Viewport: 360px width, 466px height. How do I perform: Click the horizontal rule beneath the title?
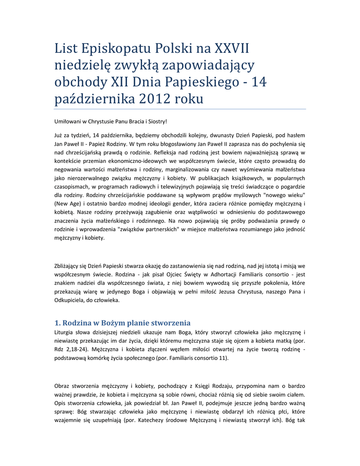tap(180, 109)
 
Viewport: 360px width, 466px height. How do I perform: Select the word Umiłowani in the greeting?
tap(67, 121)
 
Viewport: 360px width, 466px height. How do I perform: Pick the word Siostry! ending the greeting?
tap(157, 121)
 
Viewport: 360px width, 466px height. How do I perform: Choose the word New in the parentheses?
tap(63, 203)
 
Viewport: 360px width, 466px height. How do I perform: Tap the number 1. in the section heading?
tap(57, 323)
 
